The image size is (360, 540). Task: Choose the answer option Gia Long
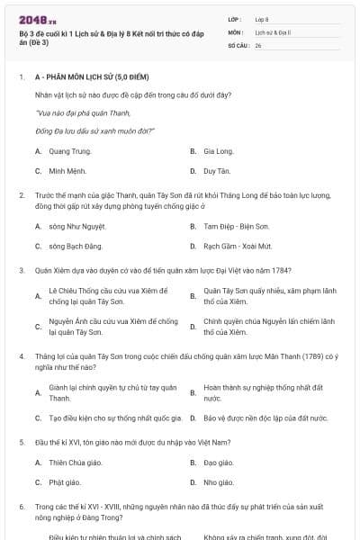pyautogui.click(x=219, y=151)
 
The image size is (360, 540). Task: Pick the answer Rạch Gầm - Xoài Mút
pyautogui.click(x=237, y=245)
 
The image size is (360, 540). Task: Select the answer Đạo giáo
pyautogui.click(x=219, y=463)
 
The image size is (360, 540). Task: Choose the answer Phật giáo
pyautogui.click(x=67, y=481)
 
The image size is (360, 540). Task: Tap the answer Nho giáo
pyautogui.click(x=219, y=481)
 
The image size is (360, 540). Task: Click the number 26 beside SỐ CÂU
pyautogui.click(x=258, y=45)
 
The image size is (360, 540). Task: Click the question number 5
pyautogui.click(x=21, y=442)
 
